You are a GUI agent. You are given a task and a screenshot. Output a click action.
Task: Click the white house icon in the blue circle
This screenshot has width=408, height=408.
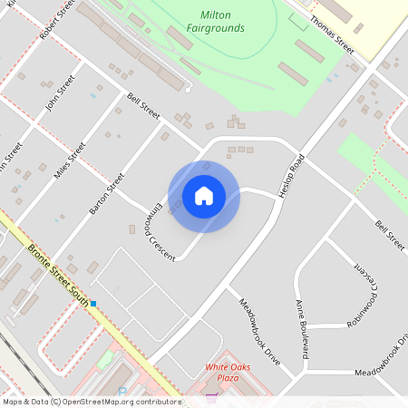pos(204,195)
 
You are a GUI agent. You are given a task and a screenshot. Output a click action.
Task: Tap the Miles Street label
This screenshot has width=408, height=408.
pos(70,160)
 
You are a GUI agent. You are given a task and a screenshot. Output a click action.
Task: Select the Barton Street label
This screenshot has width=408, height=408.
pos(106,193)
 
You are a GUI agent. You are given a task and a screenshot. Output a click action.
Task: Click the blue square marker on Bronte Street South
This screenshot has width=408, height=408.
pos(92,303)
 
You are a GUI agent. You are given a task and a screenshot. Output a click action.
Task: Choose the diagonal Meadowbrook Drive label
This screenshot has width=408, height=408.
pos(260,331)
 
